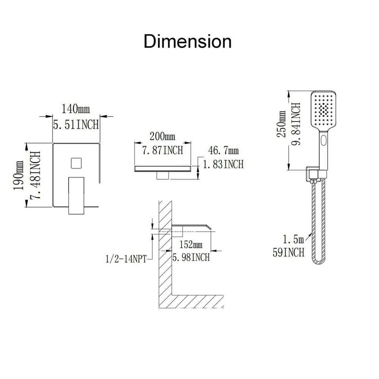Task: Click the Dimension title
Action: coord(188,41)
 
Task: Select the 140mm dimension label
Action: coord(76,109)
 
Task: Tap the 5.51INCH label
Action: coord(76,125)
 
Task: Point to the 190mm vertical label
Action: coord(18,175)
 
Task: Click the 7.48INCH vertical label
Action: coord(35,175)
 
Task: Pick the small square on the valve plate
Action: coord(76,163)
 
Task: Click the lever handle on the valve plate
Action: coord(77,196)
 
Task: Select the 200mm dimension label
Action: coord(162,136)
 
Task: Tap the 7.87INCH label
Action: coord(163,150)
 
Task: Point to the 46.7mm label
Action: coord(223,150)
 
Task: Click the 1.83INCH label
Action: coord(223,164)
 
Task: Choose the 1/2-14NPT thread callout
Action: coord(126,259)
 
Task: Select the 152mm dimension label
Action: coord(191,244)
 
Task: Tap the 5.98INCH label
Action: coord(191,257)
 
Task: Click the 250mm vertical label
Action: coord(281,124)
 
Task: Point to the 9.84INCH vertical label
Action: coord(296,124)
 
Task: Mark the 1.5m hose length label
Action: coord(293,239)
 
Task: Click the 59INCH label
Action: coord(288,252)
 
